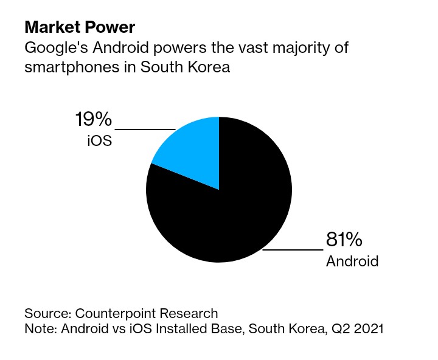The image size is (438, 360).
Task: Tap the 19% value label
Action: coord(93,119)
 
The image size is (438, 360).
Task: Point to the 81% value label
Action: coord(344,240)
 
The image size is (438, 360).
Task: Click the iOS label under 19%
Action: coord(99,142)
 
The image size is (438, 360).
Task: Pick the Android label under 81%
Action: coord(352,261)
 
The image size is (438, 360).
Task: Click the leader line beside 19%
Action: coord(145,130)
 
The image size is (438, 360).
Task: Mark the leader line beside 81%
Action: coord(292,249)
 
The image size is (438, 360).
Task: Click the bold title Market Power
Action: coord(80,27)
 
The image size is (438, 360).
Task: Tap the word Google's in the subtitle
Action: coord(54,47)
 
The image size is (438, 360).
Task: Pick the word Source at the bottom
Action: coord(46,314)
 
